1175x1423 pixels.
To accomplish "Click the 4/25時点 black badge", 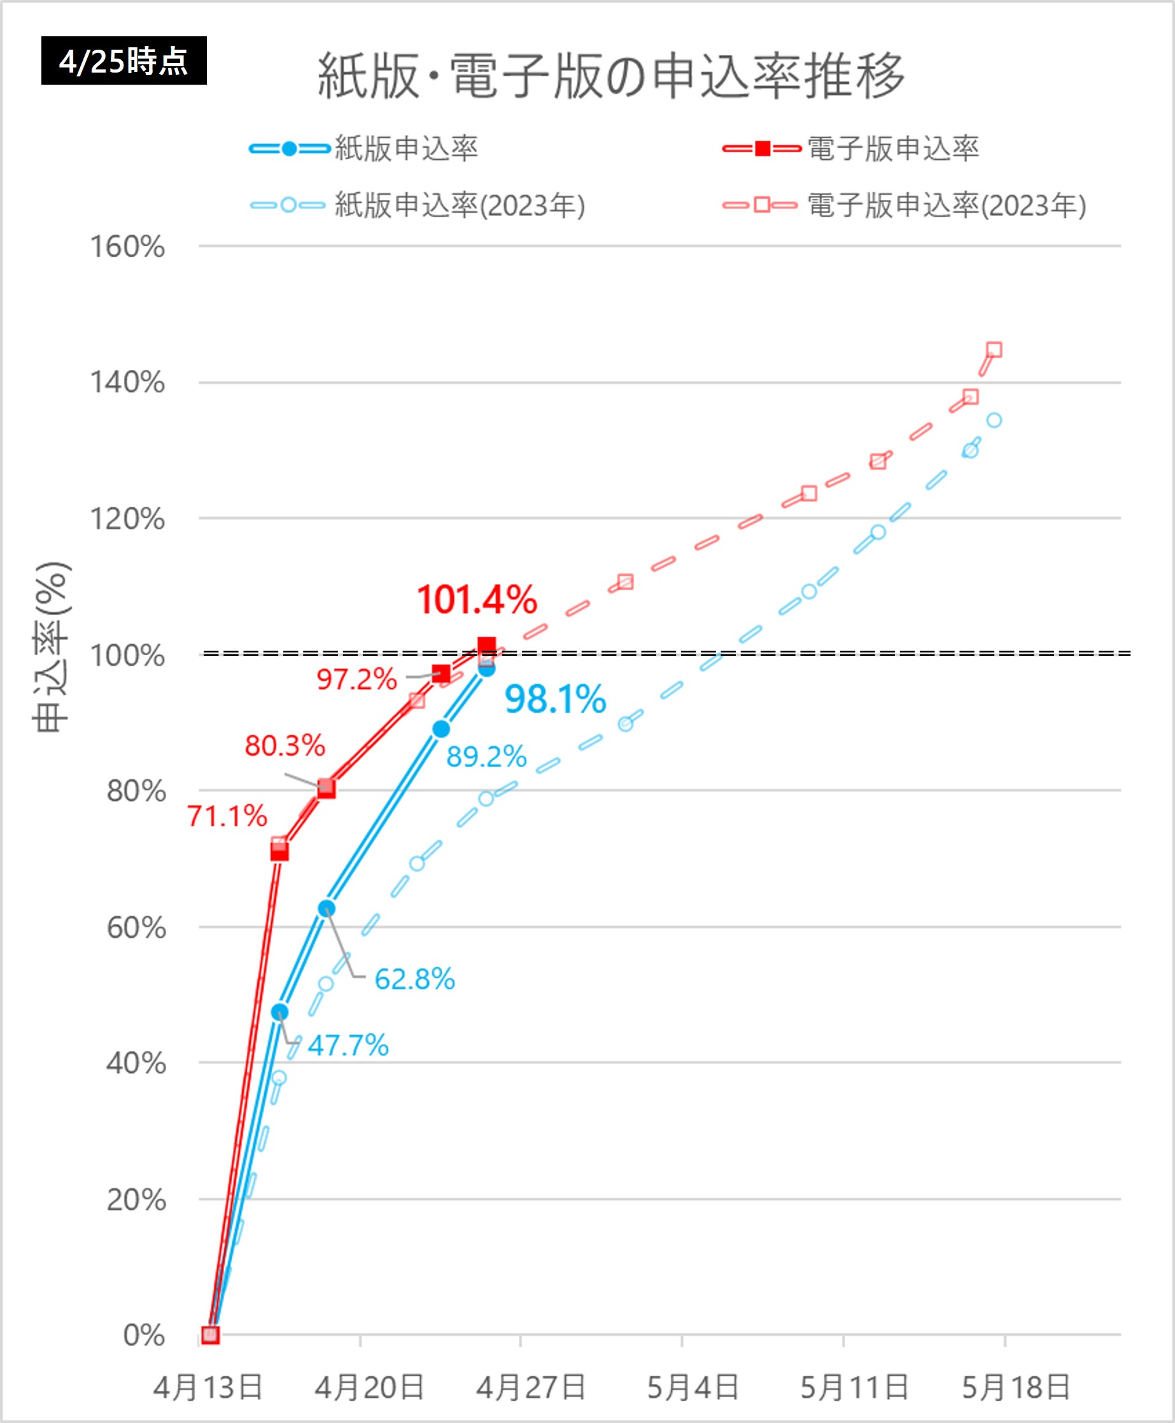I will (124, 61).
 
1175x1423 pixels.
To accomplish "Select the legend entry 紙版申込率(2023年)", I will (460, 205).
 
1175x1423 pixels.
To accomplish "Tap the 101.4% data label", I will (477, 600).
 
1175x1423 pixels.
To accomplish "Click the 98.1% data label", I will (555, 699).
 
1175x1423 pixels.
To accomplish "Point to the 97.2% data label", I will (356, 679).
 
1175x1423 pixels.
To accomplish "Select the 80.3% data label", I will (285, 746).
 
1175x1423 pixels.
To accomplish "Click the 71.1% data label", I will (227, 816).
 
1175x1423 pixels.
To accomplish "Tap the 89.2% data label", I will (486, 756).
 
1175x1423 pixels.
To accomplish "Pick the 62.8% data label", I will (414, 979).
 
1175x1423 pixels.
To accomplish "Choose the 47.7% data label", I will (348, 1045).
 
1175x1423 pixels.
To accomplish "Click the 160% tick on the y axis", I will (127, 247).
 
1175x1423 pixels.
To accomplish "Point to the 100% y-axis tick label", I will (127, 655).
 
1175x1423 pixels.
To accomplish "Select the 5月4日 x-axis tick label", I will (693, 1387).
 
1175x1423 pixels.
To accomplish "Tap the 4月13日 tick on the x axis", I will (208, 1387).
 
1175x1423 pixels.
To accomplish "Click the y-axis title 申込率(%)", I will (52, 647).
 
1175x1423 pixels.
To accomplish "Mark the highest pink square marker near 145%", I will (994, 350).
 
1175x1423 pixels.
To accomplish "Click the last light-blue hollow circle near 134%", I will (994, 420).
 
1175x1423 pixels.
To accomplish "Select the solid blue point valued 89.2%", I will (440, 729).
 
